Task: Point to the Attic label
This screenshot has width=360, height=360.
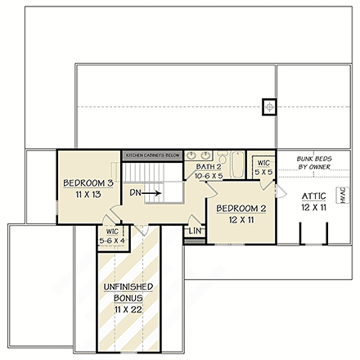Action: coord(313,196)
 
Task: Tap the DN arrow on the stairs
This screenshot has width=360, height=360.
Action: coord(151,194)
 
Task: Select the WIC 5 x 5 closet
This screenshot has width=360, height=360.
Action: coord(262,168)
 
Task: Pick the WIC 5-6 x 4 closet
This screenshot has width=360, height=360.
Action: coord(110,236)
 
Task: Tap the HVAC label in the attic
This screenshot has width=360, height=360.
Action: coord(343,196)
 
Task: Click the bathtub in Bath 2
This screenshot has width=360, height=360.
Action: coord(236,164)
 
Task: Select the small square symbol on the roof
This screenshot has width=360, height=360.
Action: coord(268,106)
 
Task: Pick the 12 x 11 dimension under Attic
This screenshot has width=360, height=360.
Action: coord(313,208)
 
